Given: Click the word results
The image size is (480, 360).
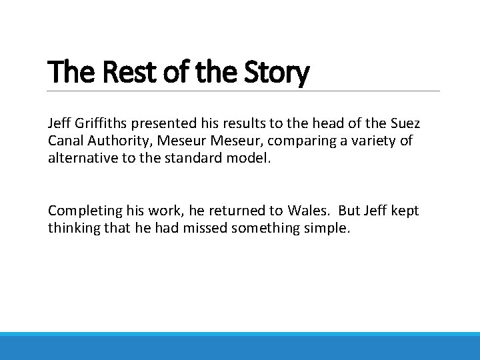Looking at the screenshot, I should point(249,123).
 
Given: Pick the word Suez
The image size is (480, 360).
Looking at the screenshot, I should point(403,123).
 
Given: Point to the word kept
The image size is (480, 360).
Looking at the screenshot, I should point(406,211).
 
